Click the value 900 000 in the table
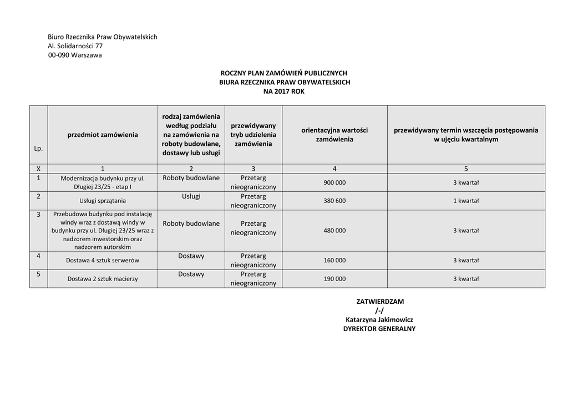tap(334, 182)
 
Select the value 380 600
tap(334, 201)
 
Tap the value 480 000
tap(334, 231)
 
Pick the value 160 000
tap(334, 260)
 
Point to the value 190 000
tap(334, 279)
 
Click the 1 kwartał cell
tap(465, 201)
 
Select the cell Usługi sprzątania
tap(103, 201)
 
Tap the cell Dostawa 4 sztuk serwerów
tap(103, 260)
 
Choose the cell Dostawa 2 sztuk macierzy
tap(103, 279)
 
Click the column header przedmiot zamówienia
tap(103, 135)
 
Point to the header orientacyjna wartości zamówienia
tap(334, 135)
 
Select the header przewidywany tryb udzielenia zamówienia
tap(253, 135)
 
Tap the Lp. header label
tap(38, 149)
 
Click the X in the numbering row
tap(38, 169)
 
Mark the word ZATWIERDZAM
tap(379, 302)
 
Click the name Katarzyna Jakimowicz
tap(379, 319)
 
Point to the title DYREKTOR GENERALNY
tap(379, 329)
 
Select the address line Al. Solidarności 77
tap(75, 46)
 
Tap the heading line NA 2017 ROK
tap(284, 91)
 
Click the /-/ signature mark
tap(379, 311)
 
